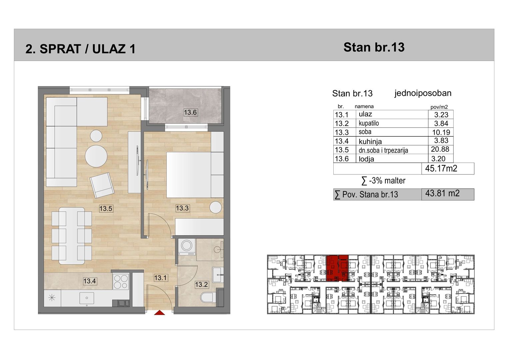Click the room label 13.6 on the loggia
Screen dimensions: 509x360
190,112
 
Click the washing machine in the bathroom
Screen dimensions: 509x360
187,247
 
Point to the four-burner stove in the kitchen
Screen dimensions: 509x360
121,282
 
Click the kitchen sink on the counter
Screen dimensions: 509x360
87,298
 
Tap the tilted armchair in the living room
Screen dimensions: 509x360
102,185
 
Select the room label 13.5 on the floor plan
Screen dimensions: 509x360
106,208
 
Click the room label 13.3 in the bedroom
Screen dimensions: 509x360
182,208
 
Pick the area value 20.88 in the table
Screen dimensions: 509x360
440,149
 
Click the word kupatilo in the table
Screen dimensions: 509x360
369,123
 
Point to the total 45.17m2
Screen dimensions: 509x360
441,168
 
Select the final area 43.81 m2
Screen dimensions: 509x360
442,193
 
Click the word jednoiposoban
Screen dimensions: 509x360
423,93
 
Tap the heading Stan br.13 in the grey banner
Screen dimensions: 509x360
374,47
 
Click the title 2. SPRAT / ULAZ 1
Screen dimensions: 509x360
80,49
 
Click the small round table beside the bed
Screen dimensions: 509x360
215,207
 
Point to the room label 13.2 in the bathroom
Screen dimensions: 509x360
201,284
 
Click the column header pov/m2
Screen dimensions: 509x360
439,107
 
